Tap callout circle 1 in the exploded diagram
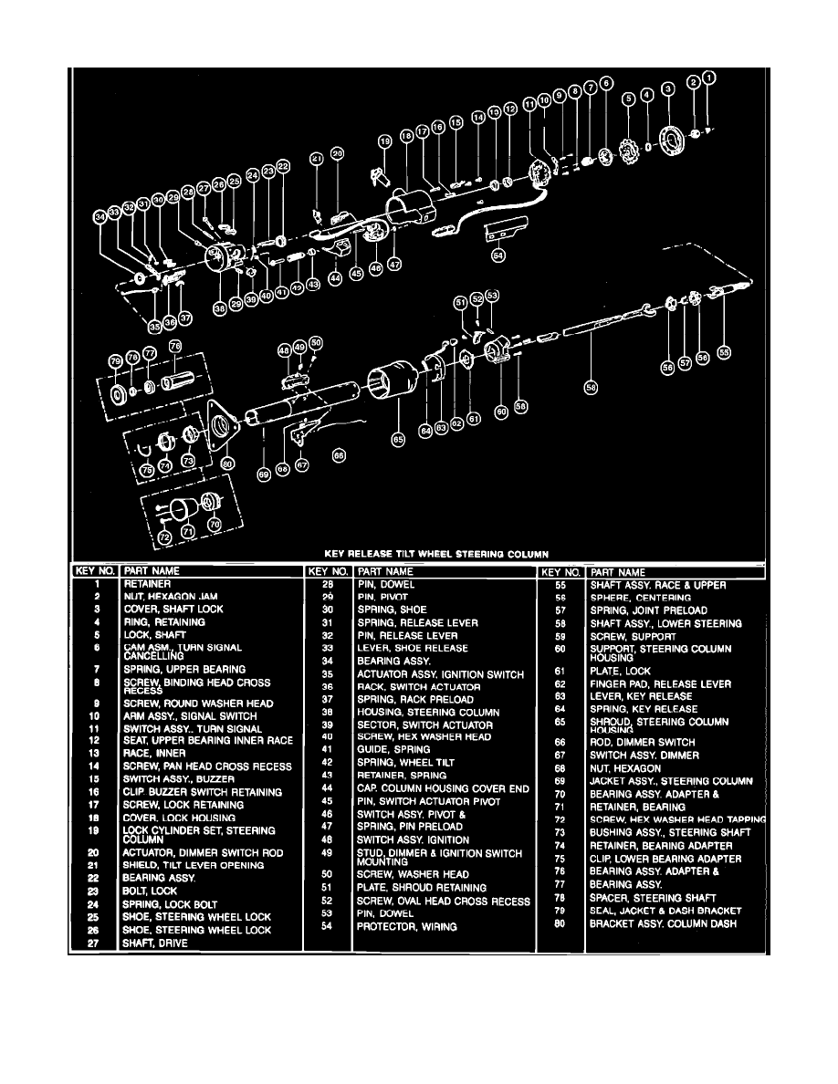click(710, 78)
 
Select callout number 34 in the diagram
click(100, 217)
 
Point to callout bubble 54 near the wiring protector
click(498, 256)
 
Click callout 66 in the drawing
click(339, 455)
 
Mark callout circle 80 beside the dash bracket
click(227, 463)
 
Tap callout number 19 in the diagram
click(384, 141)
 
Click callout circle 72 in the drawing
click(164, 540)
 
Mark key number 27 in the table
click(94, 943)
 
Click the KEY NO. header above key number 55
click(560, 571)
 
